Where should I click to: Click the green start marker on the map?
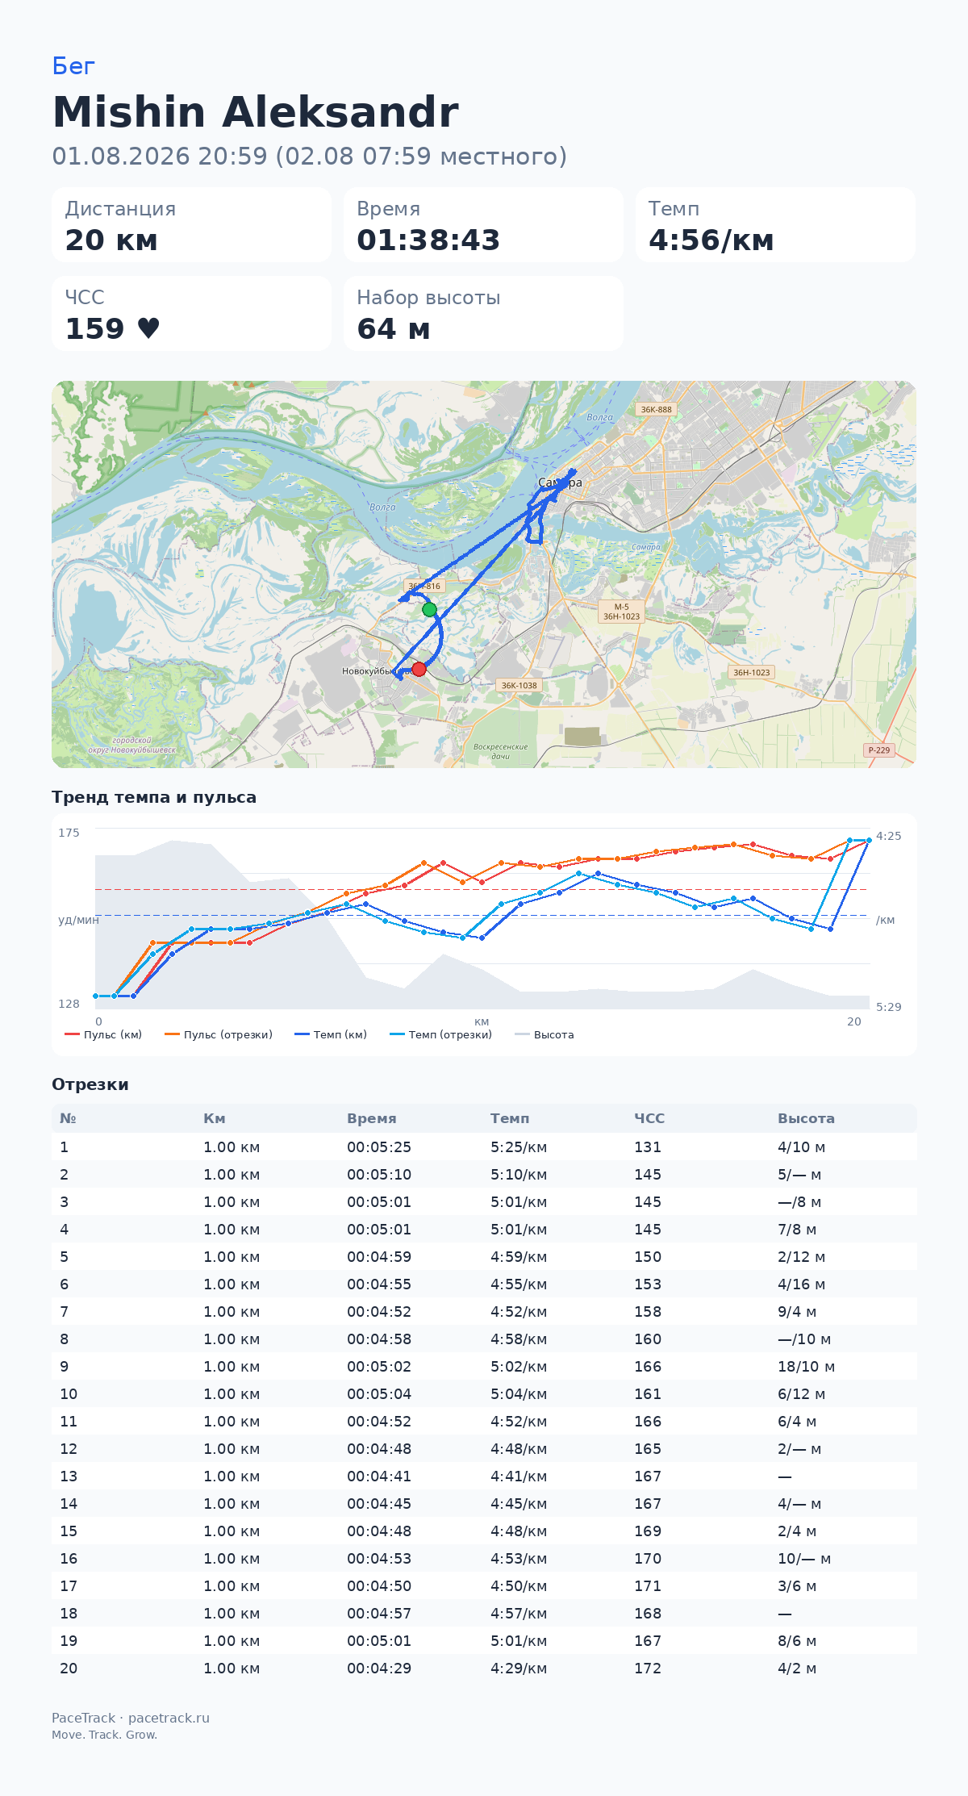430,610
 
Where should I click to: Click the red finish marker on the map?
419,669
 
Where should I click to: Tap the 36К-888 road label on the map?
656,409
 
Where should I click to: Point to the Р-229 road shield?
878,750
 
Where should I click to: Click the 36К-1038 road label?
519,685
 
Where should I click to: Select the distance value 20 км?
111,240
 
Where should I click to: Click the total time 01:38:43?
428,240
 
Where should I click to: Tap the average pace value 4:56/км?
711,240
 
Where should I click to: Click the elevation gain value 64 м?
393,329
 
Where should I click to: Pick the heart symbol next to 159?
148,328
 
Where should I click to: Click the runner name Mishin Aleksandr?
255,111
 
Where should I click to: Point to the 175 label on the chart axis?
69,833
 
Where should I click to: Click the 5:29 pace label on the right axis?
889,1007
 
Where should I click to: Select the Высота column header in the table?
806,1118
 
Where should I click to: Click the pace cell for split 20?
519,1668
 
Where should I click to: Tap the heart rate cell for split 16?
648,1558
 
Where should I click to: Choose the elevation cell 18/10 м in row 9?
806,1366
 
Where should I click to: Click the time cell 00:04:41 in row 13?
379,1476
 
